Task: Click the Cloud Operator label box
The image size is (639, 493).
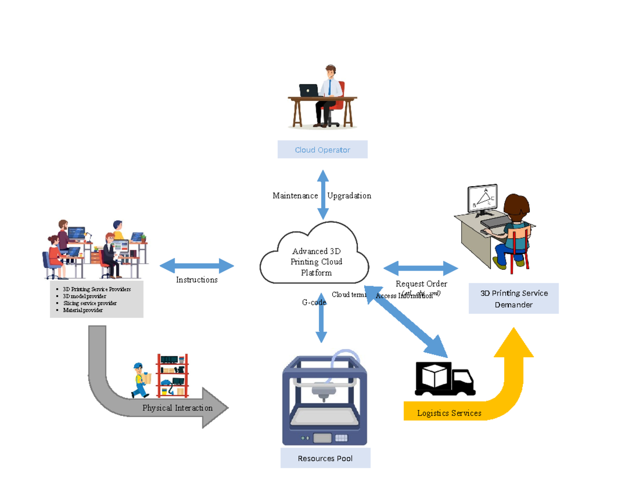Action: pos(322,149)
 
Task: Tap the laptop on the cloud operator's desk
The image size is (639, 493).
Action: pos(308,90)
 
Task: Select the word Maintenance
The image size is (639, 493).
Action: pos(295,196)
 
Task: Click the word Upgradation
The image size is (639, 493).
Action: pos(349,196)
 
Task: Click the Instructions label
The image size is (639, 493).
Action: pos(196,280)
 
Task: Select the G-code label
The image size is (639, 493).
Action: pos(314,303)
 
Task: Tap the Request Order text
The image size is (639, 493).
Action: pos(421,284)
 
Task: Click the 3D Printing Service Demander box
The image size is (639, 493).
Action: pos(513,299)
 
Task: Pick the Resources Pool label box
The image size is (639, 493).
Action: pos(325,458)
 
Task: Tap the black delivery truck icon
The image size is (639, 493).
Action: pos(445,379)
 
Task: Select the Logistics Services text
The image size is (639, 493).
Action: pos(449,413)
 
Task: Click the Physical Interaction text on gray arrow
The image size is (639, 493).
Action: pos(177,408)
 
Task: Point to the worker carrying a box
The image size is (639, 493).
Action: pos(141,380)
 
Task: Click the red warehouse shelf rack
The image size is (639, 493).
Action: pos(172,375)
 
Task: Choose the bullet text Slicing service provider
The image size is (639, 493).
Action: pos(89,303)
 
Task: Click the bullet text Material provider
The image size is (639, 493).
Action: pos(83,310)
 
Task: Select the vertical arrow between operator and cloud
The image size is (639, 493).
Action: pos(323,195)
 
